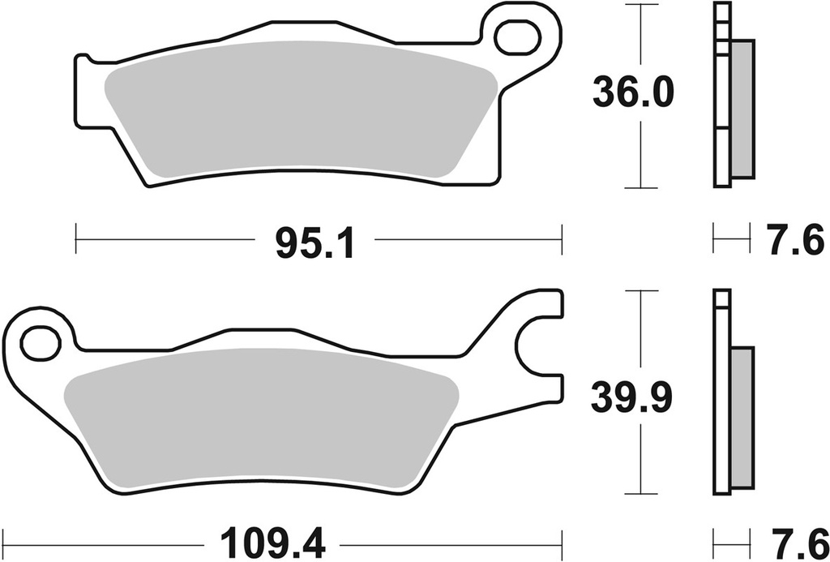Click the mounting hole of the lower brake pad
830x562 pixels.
36,342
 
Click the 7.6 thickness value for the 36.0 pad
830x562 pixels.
797,242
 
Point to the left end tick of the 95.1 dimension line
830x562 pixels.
75,240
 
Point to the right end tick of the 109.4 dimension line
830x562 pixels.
561,538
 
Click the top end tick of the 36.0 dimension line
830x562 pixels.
643,4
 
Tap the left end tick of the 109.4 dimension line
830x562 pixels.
6,538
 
